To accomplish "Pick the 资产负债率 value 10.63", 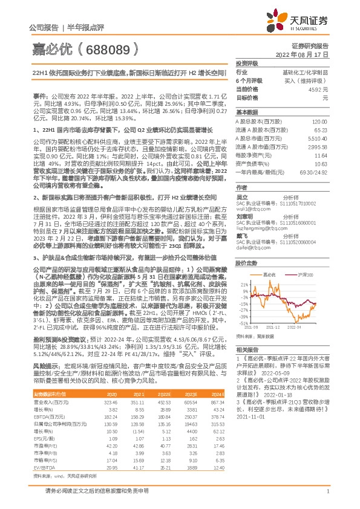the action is [321, 164].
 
